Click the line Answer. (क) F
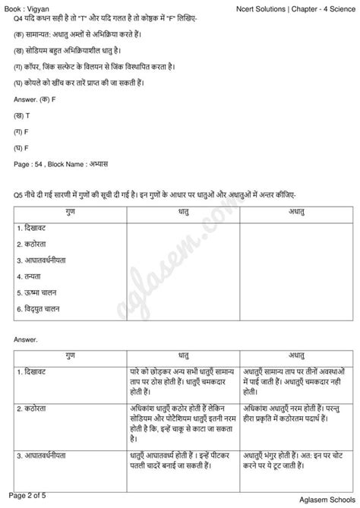tap(36, 100)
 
